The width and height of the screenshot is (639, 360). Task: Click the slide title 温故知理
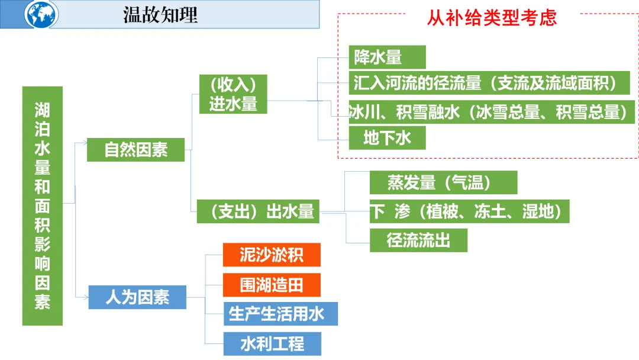pyautogui.click(x=160, y=15)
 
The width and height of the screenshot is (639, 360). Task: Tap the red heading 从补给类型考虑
pyautogui.click(x=492, y=18)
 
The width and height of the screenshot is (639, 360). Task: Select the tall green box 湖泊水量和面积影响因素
pyautogui.click(x=42, y=205)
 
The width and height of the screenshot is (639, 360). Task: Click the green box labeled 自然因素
pyautogui.click(x=135, y=150)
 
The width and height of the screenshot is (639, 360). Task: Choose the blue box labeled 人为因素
pyautogui.click(x=137, y=297)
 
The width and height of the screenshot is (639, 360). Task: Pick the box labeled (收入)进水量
pyautogui.click(x=233, y=94)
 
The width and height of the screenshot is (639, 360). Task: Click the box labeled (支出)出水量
pyautogui.click(x=258, y=211)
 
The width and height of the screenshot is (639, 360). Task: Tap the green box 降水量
pyautogui.click(x=387, y=57)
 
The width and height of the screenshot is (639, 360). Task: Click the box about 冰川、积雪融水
pyautogui.click(x=491, y=112)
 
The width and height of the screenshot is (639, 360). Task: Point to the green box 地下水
pyautogui.click(x=387, y=139)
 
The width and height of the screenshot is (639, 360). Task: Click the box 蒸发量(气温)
pyautogui.click(x=443, y=182)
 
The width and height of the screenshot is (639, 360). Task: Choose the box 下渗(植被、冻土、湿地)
pyautogui.click(x=469, y=211)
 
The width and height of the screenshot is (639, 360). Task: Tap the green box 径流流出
pyautogui.click(x=418, y=240)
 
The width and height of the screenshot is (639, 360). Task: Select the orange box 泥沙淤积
pyautogui.click(x=272, y=255)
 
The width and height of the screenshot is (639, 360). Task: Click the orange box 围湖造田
pyautogui.click(x=272, y=285)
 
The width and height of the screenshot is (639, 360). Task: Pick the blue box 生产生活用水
pyautogui.click(x=280, y=314)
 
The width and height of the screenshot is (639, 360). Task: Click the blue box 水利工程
pyautogui.click(x=272, y=344)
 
